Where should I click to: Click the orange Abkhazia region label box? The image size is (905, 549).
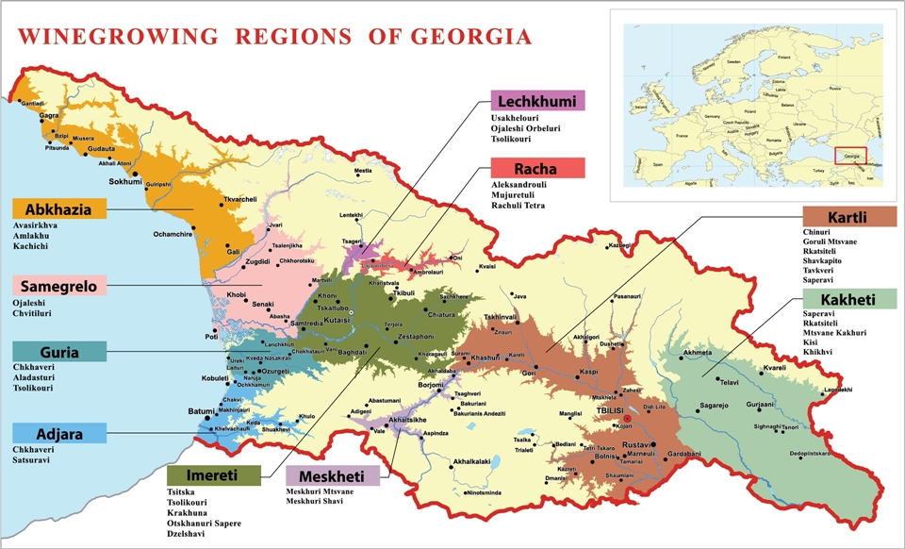coord(59,209)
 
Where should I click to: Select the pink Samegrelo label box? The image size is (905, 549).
coord(59,286)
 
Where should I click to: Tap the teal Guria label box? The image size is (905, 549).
coord(59,353)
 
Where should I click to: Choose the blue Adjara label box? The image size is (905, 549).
coord(59,434)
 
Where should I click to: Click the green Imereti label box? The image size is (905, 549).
coord(213,474)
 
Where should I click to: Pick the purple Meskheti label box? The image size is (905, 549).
coord(333,475)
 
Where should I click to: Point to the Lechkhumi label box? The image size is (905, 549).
coord(538,101)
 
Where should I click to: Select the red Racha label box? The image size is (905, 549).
coord(538,169)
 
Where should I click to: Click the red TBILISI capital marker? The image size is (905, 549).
coord(613,418)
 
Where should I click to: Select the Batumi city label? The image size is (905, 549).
coord(201,412)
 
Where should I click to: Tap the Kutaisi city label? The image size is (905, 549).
coord(337,321)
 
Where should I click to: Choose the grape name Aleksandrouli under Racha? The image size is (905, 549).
coord(520,184)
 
